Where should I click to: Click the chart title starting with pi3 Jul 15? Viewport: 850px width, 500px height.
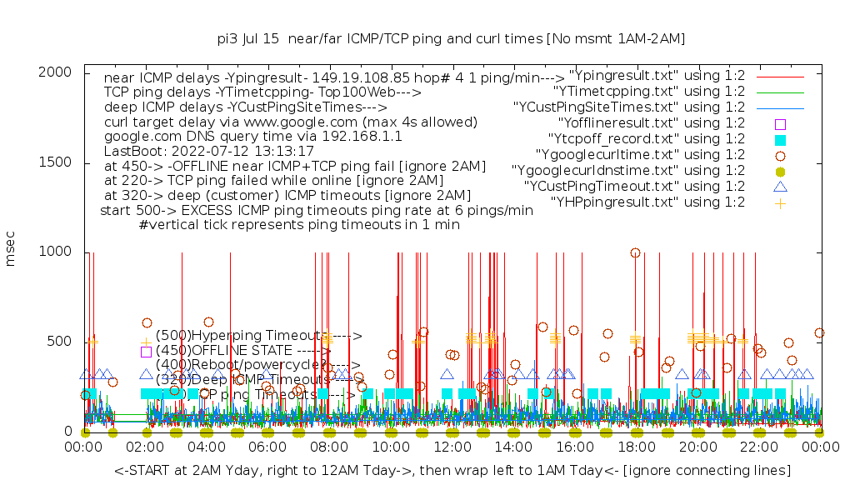(x=450, y=38)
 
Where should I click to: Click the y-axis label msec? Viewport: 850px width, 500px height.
(x=11, y=251)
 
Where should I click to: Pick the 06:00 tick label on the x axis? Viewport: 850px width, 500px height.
(x=268, y=447)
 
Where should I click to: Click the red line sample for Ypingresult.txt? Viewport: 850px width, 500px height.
(x=780, y=76)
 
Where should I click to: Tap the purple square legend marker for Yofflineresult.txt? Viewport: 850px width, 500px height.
(x=781, y=123)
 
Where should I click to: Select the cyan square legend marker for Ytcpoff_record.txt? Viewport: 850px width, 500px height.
(x=781, y=139)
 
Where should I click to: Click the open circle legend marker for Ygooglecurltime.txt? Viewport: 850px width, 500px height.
(x=781, y=155)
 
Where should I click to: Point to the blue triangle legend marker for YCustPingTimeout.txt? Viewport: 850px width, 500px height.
(x=781, y=187)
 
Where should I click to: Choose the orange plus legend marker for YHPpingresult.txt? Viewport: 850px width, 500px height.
(x=781, y=202)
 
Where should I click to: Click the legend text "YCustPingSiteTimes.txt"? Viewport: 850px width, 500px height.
(x=629, y=107)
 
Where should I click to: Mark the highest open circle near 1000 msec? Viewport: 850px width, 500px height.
(x=636, y=252)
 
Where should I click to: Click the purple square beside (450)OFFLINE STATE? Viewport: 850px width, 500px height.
(x=146, y=352)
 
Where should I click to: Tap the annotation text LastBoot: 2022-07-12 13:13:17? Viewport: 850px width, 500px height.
(x=209, y=152)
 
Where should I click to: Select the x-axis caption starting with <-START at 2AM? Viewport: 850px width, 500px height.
(x=452, y=471)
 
